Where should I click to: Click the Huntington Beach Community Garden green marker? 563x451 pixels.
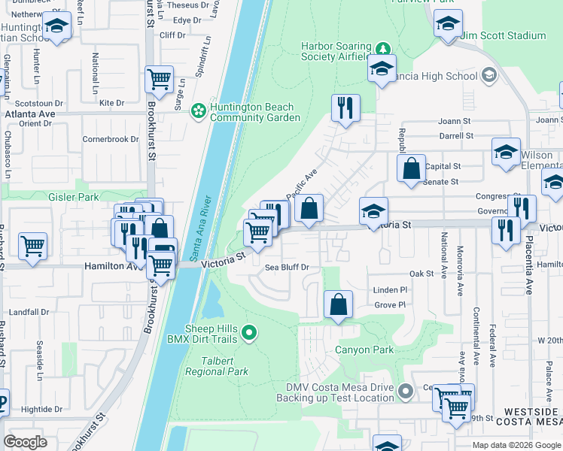198,111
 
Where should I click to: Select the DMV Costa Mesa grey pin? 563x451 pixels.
406,391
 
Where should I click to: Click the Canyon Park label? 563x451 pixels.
364,350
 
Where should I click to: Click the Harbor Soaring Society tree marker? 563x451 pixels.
384,50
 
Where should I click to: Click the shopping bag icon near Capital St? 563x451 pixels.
412,168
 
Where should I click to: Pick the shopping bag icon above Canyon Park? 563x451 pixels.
339,304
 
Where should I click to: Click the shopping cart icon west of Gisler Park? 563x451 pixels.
33,245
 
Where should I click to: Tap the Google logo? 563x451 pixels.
26,442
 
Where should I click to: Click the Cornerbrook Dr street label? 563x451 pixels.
111,139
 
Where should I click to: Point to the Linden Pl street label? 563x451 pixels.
390,289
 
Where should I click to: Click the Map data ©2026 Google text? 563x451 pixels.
516,445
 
